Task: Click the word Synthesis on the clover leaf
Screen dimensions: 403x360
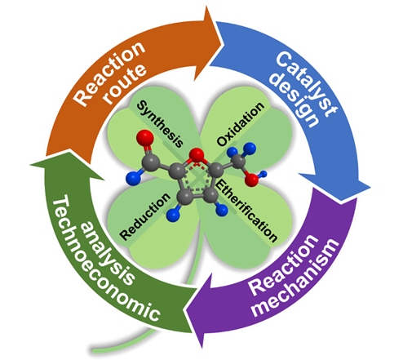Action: [x=160, y=124]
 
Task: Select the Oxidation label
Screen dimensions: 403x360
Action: [x=241, y=124]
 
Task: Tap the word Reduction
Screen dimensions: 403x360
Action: [x=145, y=216]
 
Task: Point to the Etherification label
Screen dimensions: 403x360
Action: [x=246, y=211]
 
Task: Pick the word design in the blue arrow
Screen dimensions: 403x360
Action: [x=295, y=101]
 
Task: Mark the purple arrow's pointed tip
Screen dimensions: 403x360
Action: [x=185, y=310]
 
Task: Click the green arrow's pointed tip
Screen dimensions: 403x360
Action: [x=29, y=165]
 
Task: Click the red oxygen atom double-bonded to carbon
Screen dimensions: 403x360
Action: [x=145, y=138]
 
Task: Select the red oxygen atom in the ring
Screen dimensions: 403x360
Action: [x=197, y=155]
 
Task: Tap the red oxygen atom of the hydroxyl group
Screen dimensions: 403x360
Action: [x=251, y=180]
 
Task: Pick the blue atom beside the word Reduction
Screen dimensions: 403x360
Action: [x=173, y=215]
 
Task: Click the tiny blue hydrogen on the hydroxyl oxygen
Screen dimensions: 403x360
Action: [x=263, y=174]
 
